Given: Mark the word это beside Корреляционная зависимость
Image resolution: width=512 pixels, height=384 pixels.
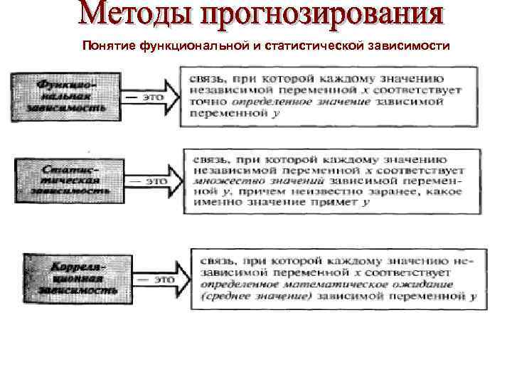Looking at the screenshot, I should tap(164, 279).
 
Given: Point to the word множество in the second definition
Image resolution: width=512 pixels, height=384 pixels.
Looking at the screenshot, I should tap(215, 181).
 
